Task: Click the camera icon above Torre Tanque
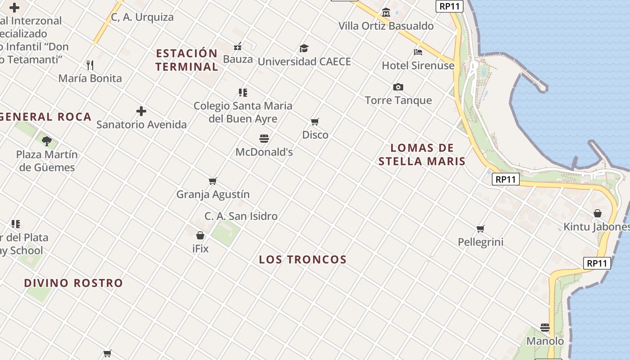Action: tap(398, 87)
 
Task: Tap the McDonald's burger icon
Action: tap(264, 139)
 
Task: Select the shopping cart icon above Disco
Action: tap(315, 121)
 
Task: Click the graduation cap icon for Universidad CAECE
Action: tap(304, 48)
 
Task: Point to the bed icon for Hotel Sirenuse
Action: tap(418, 52)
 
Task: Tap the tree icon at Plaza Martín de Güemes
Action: tap(47, 141)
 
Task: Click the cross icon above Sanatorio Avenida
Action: tap(141, 111)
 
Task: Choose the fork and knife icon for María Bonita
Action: tap(90, 65)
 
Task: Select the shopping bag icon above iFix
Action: tap(200, 235)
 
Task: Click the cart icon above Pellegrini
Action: tap(481, 229)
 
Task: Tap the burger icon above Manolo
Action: tap(545, 328)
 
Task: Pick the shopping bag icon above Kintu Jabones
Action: tap(598, 213)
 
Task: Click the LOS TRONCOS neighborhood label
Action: tap(303, 259)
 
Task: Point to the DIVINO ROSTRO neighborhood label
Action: tap(73, 283)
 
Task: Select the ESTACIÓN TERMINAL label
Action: tap(187, 60)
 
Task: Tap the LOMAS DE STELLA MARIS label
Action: tap(422, 154)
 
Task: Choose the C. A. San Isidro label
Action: tap(241, 216)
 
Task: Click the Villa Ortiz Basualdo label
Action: tap(386, 26)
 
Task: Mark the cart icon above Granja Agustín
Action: tap(213, 181)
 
